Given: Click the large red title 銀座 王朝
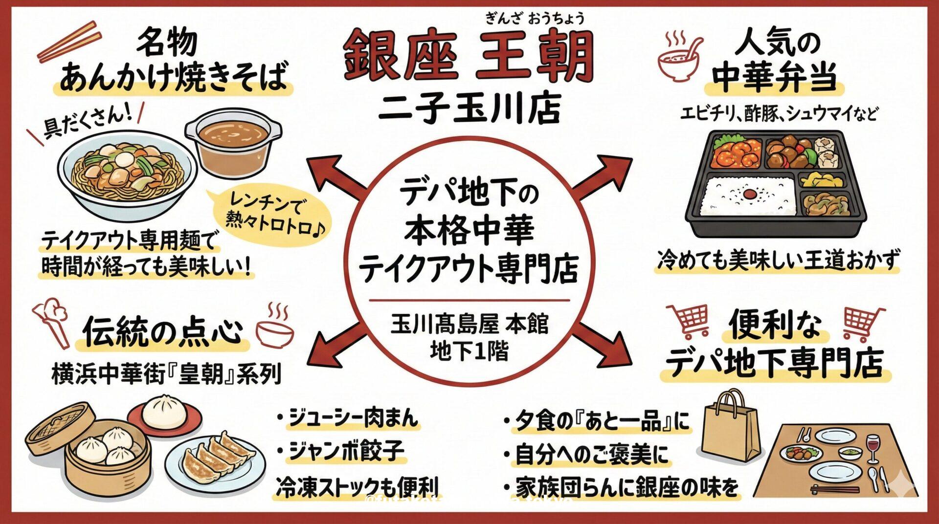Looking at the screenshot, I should tap(469, 57).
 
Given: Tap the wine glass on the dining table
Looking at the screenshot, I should tap(872, 447).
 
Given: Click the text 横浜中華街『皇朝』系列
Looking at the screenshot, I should tap(166, 374).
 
